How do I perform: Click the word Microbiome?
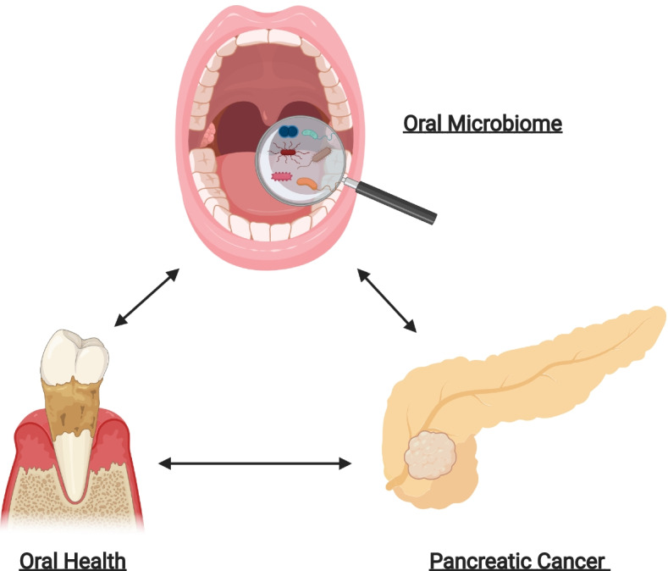point(516,125)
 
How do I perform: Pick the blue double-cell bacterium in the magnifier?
point(290,132)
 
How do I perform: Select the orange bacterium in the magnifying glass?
point(307,180)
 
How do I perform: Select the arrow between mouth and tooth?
point(146,297)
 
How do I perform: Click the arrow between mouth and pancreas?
point(386,300)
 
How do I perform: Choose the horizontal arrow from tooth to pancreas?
point(255,463)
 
